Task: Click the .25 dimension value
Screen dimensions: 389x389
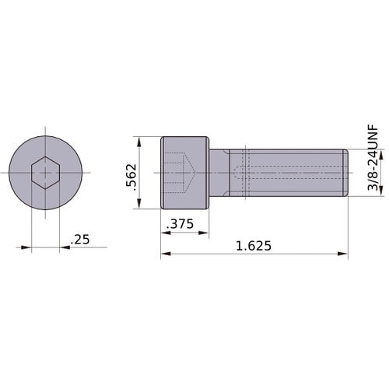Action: point(80,240)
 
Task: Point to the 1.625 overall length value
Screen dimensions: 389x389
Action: point(253,246)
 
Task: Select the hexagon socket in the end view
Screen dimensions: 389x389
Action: point(46,172)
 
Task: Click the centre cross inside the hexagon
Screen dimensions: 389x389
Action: point(46,172)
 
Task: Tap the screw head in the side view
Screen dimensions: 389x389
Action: point(185,172)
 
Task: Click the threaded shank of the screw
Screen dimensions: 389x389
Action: point(296,172)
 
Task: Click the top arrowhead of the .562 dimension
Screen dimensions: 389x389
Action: point(139,141)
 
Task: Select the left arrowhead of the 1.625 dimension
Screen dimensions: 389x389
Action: point(165,254)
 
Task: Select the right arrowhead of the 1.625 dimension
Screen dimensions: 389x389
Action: point(343,254)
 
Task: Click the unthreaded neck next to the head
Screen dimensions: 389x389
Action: point(221,172)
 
